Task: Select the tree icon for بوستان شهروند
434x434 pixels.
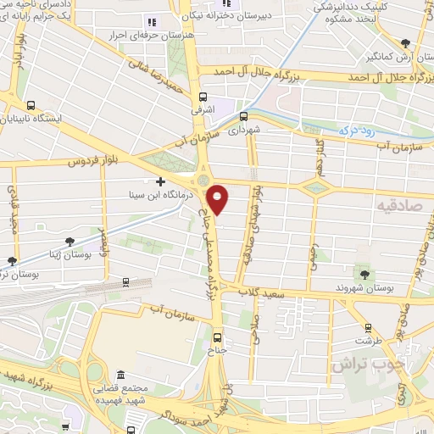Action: coord(365,273)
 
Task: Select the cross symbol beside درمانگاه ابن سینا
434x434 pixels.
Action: coord(161,181)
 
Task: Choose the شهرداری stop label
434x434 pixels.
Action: coord(242,131)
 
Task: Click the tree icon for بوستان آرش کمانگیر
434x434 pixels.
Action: coord(406,44)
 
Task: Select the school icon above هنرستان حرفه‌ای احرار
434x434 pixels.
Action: coord(151,22)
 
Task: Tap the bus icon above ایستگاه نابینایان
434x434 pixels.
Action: coord(31,106)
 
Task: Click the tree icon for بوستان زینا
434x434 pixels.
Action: coord(11,261)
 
